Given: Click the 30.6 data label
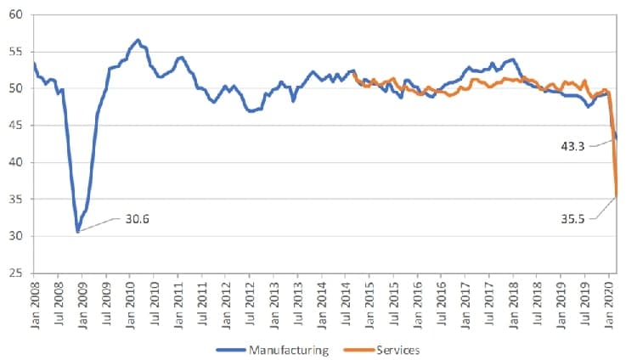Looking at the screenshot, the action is click(x=137, y=219).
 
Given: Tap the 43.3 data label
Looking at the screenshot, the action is click(x=572, y=146).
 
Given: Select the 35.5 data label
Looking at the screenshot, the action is click(x=572, y=219).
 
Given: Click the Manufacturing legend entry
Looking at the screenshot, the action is click(x=272, y=350).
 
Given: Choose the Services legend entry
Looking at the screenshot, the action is click(x=381, y=350).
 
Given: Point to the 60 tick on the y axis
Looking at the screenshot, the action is click(x=15, y=14).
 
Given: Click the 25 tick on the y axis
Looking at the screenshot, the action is click(x=15, y=273).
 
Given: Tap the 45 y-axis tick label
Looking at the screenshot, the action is click(x=15, y=126).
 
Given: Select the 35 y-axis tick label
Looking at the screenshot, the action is click(x=15, y=199).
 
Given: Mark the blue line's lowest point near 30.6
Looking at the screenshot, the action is click(x=77, y=232).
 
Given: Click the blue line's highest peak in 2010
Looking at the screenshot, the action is click(x=138, y=40).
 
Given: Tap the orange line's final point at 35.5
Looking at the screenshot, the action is click(x=617, y=197).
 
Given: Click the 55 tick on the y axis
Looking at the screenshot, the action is click(x=15, y=52).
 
